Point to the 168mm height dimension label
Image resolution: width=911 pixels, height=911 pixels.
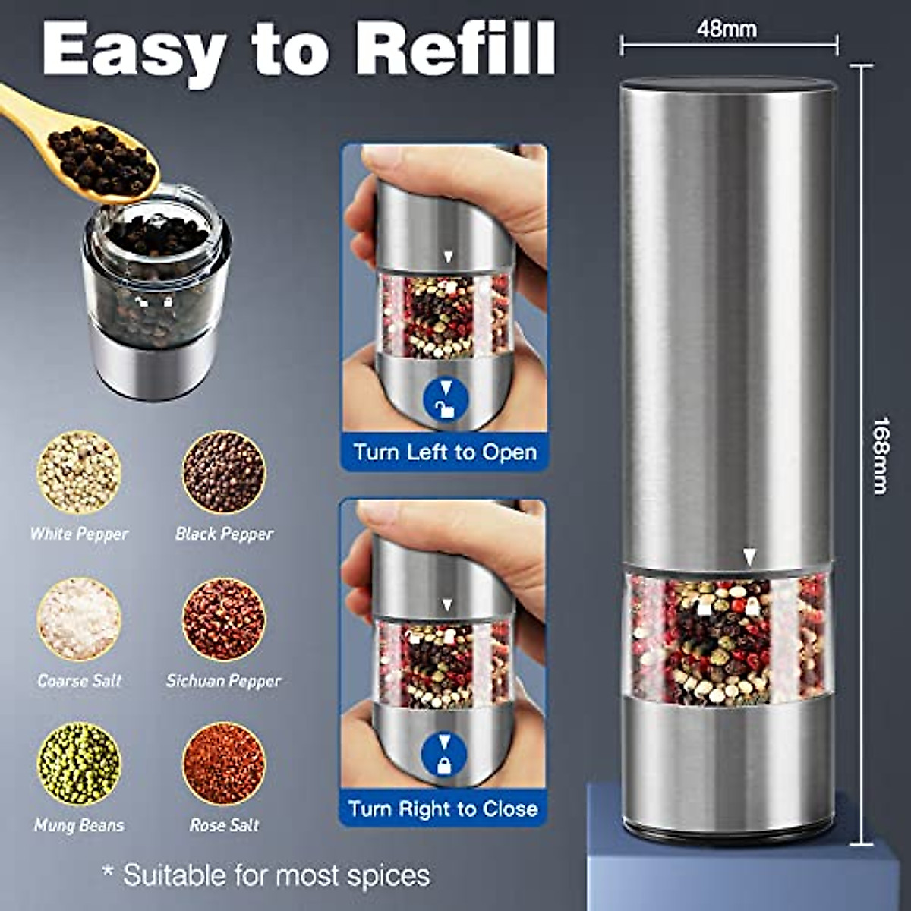tap(880, 455)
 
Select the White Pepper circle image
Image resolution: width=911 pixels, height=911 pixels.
tap(79, 473)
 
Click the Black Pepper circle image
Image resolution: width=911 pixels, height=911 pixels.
tap(224, 473)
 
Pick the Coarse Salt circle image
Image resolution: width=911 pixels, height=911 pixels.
tap(79, 619)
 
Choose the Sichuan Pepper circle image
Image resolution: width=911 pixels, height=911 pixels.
tap(224, 619)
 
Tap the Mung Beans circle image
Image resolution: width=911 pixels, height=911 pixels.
tap(79, 764)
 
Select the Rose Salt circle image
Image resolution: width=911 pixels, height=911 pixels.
tap(224, 764)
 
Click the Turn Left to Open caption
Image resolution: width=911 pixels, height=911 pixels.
tap(445, 452)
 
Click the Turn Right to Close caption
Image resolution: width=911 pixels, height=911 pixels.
tap(443, 809)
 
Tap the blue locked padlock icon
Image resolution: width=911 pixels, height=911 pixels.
tap(443, 754)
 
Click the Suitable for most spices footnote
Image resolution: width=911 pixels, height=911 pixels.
tap(266, 875)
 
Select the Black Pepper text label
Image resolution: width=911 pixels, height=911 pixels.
tap(224, 534)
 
